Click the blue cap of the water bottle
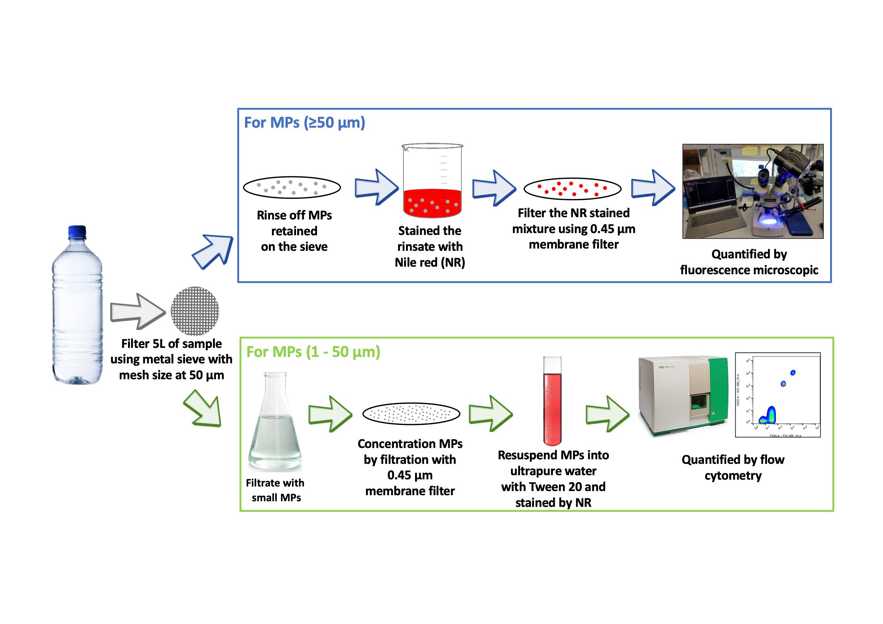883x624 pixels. (77, 232)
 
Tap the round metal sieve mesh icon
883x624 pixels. (195, 311)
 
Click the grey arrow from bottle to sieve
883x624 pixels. (137, 311)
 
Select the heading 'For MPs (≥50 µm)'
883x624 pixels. (304, 123)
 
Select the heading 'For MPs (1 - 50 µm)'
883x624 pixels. (313, 352)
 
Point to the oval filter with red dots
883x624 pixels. (572, 188)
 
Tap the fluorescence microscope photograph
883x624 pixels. (753, 191)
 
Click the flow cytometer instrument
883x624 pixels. (682, 396)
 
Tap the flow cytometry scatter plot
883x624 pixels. (777, 395)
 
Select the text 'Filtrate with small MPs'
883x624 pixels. (275, 490)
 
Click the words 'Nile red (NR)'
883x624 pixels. (429, 263)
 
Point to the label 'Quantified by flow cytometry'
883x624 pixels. (733, 467)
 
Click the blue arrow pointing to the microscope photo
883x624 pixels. (653, 188)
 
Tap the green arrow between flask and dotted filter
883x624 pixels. (330, 414)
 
